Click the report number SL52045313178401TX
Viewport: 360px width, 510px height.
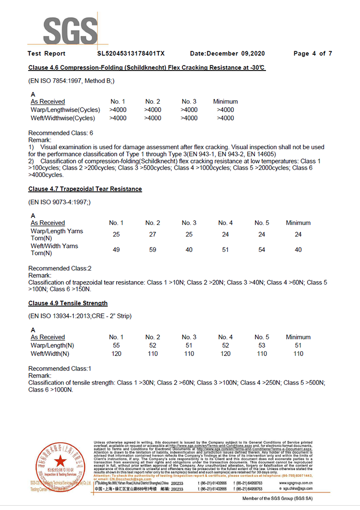point(131,53)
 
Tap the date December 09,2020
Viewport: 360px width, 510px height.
point(227,53)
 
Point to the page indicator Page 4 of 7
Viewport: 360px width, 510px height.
point(312,53)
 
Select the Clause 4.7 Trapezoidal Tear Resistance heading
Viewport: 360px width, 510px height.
point(85,189)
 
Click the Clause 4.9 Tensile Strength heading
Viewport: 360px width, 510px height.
point(68,303)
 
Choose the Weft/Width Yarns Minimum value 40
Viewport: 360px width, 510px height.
point(298,249)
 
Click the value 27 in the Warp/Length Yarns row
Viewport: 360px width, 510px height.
point(152,235)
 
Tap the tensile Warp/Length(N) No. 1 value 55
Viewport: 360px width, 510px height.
point(116,345)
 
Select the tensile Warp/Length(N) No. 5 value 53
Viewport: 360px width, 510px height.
point(262,345)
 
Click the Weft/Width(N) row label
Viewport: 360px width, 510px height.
point(50,354)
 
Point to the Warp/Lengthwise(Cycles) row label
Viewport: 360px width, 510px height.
point(65,110)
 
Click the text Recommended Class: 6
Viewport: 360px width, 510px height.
point(61,133)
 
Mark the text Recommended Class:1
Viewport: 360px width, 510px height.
point(60,368)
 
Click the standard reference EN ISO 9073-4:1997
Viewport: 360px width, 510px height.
point(60,202)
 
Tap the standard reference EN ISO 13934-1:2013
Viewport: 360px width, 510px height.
point(63,317)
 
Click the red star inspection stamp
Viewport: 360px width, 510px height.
point(60,462)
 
